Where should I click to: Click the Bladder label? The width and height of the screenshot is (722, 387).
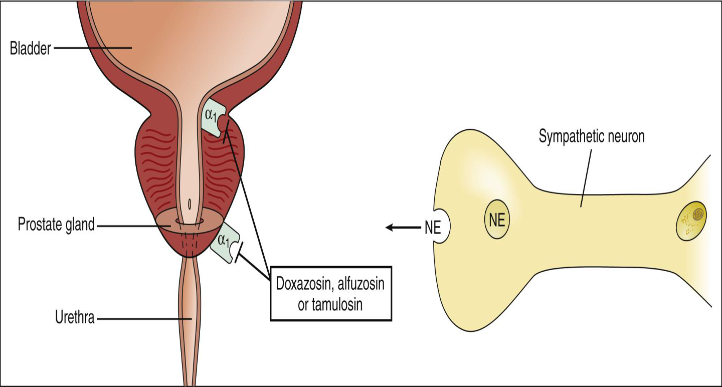(x=30, y=49)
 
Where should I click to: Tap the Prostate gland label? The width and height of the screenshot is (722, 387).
(x=56, y=225)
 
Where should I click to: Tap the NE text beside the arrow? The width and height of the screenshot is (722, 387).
(x=432, y=228)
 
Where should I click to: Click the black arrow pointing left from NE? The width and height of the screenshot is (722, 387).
(x=401, y=228)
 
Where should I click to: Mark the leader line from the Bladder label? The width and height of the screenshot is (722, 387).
(x=93, y=48)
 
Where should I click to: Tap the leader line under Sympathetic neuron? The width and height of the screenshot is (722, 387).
(x=584, y=175)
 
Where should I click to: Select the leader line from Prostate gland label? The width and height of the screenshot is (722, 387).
(x=133, y=226)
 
